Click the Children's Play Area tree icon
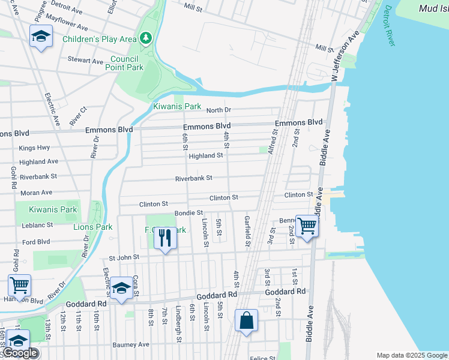(x=145, y=39)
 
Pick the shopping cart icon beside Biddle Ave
(x=307, y=226)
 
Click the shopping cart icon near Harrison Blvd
(x=19, y=286)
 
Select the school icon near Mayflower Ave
(x=41, y=37)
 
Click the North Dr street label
(x=218, y=110)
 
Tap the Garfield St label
(x=247, y=231)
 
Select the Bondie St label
(x=188, y=213)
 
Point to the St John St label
(x=124, y=257)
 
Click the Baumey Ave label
(x=131, y=345)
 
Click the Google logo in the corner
(x=19, y=353)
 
